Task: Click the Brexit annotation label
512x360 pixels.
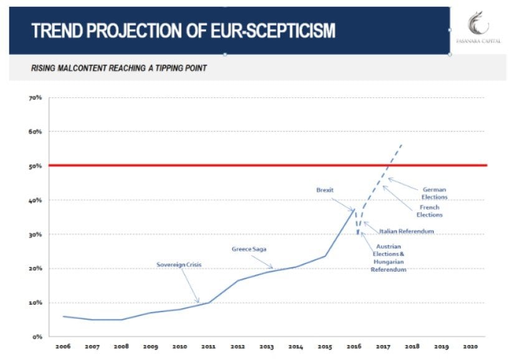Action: click(x=325, y=190)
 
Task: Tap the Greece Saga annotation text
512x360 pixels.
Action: click(x=249, y=249)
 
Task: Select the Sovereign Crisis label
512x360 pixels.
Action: click(x=179, y=265)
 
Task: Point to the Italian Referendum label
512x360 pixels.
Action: click(x=406, y=231)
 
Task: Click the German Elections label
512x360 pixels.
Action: click(x=434, y=193)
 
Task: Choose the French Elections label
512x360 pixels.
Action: click(x=429, y=211)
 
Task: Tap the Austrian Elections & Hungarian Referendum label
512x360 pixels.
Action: click(x=389, y=258)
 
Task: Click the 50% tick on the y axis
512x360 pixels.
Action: click(x=36, y=166)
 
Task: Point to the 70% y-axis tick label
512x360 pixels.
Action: click(x=36, y=98)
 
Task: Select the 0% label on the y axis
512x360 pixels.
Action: click(x=37, y=336)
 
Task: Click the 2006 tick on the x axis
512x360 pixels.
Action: click(x=63, y=346)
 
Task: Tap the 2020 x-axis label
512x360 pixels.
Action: click(x=470, y=346)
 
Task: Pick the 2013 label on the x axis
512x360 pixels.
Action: click(x=267, y=346)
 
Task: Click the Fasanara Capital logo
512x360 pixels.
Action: click(x=478, y=27)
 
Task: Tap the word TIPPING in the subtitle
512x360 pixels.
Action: click(x=168, y=68)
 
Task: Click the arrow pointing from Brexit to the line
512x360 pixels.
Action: click(x=343, y=205)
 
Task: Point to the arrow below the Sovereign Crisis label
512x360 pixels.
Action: click(x=190, y=287)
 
